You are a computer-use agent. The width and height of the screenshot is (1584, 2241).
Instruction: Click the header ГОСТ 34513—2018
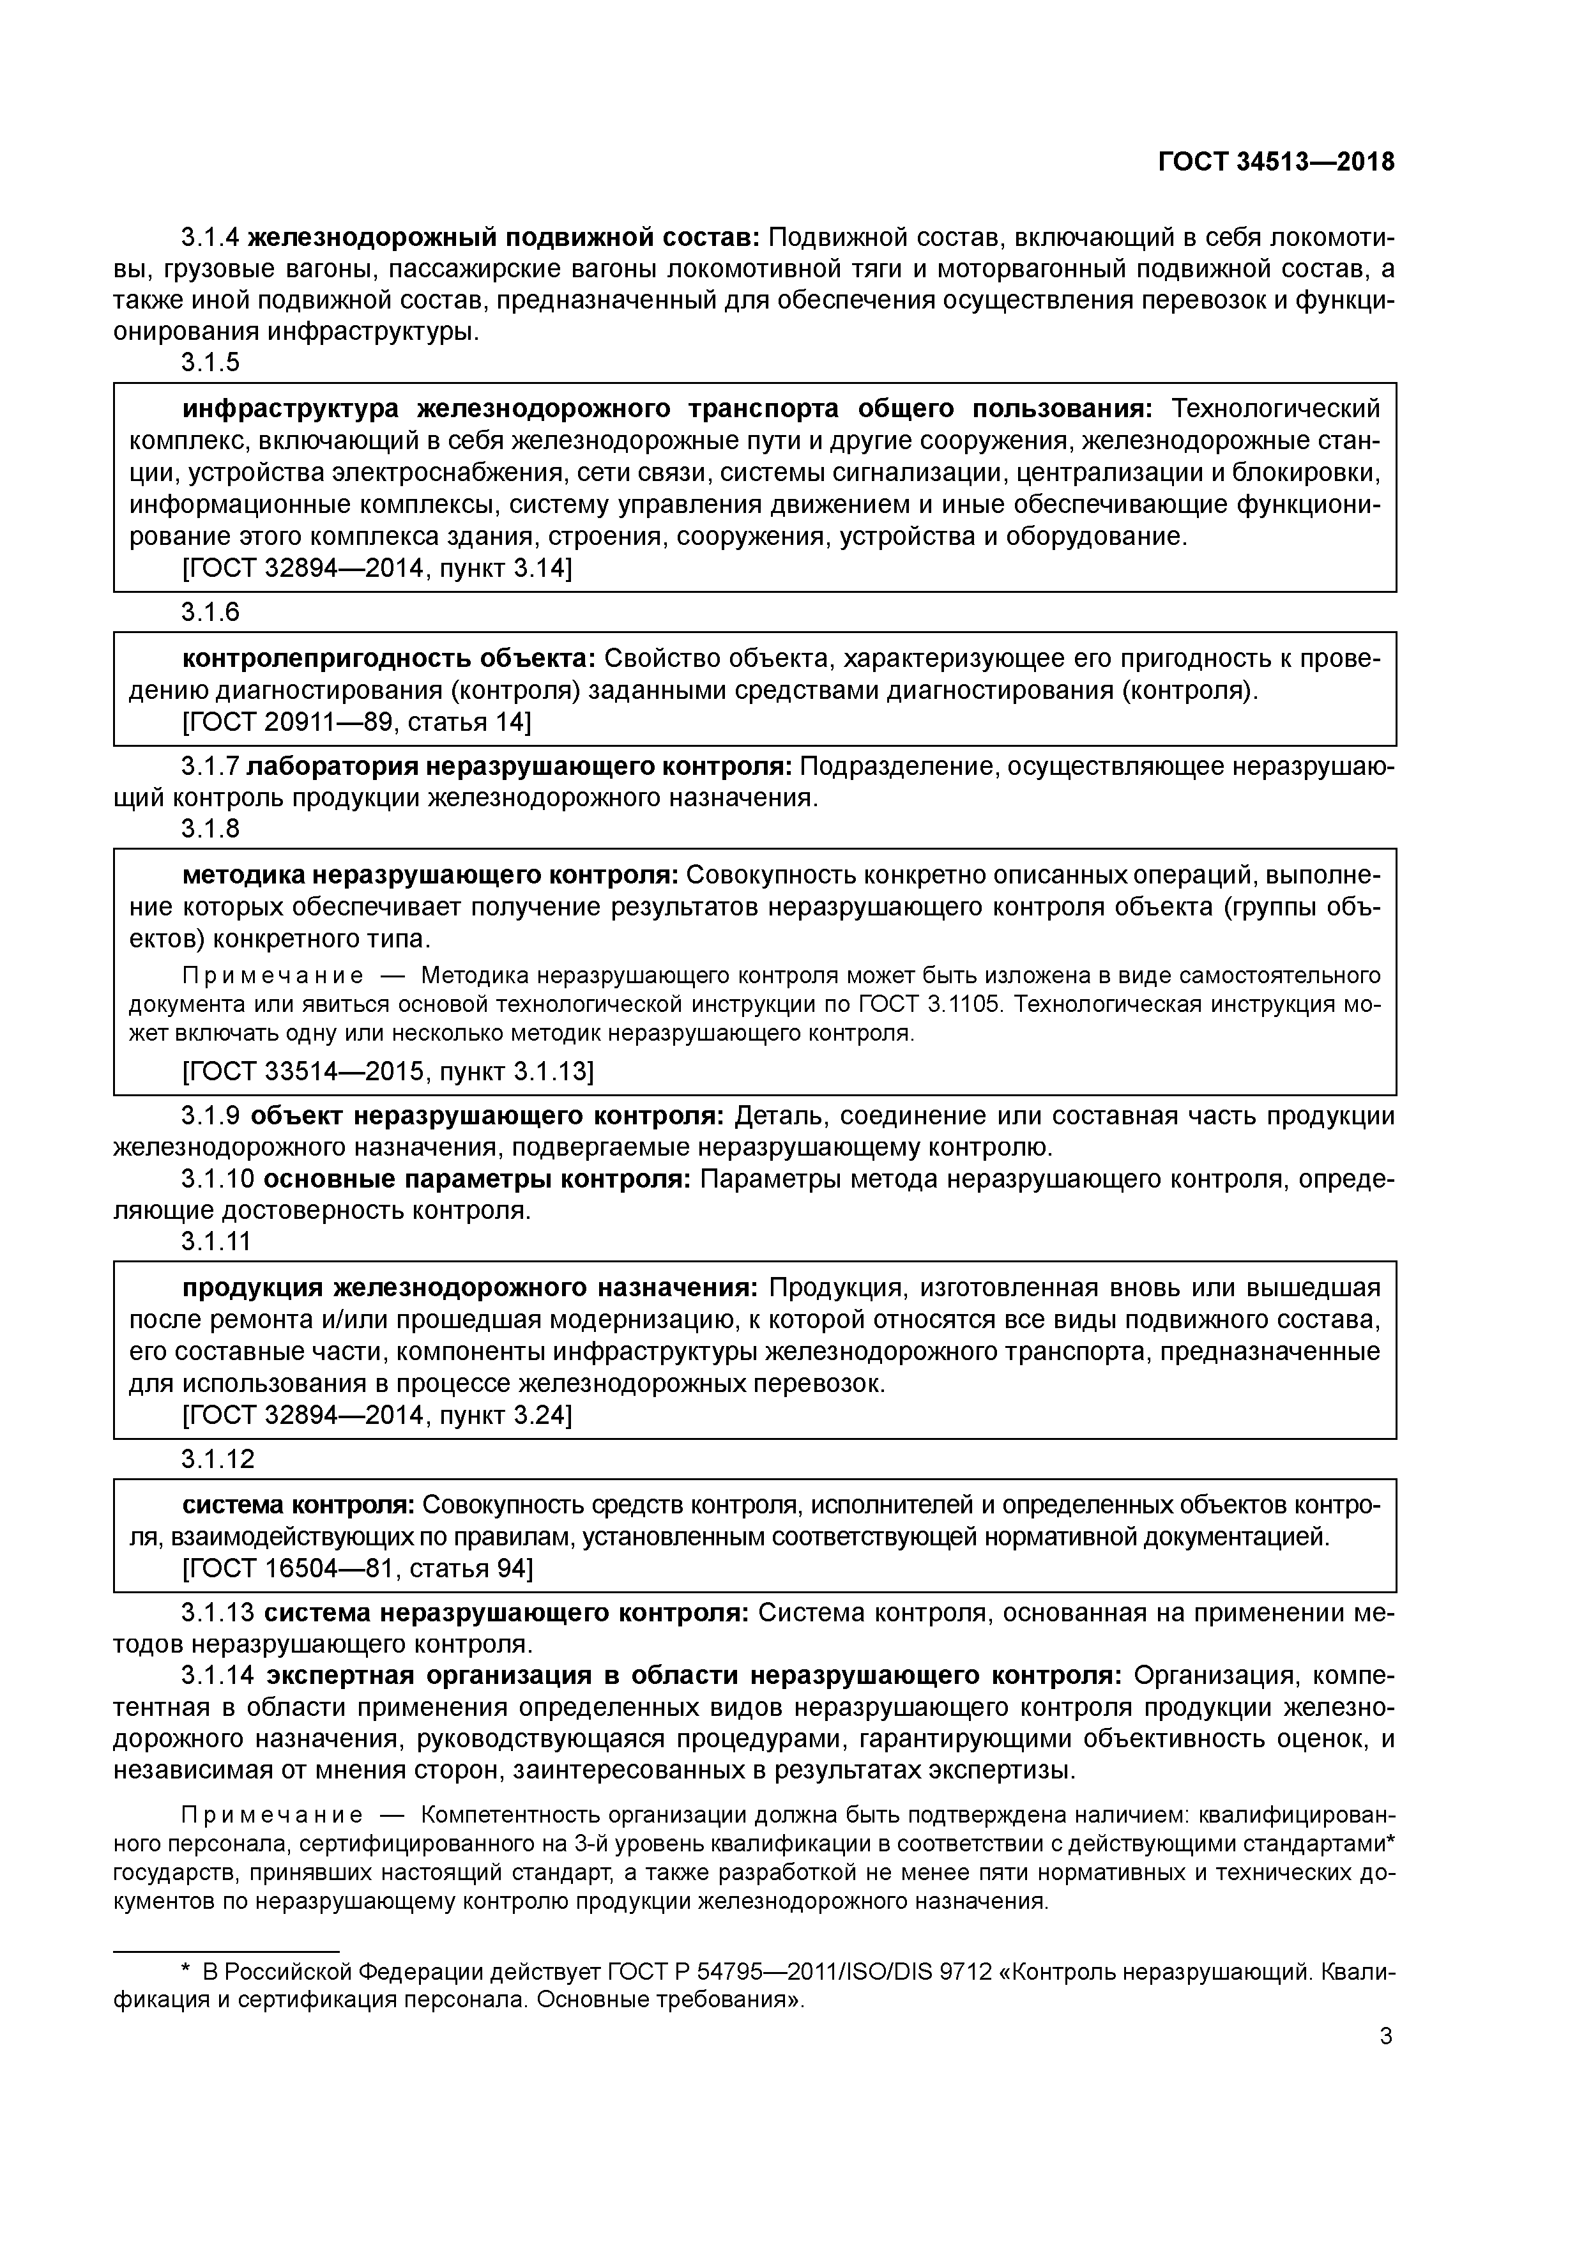click(1276, 162)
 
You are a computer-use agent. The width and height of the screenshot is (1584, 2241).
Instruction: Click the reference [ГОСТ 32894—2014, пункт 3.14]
click(377, 568)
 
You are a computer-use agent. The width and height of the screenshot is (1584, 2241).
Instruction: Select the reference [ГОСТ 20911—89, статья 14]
click(357, 723)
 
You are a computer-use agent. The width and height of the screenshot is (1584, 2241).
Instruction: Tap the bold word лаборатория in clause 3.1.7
click(333, 767)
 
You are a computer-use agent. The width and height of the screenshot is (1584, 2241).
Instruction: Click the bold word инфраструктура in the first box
click(291, 408)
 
